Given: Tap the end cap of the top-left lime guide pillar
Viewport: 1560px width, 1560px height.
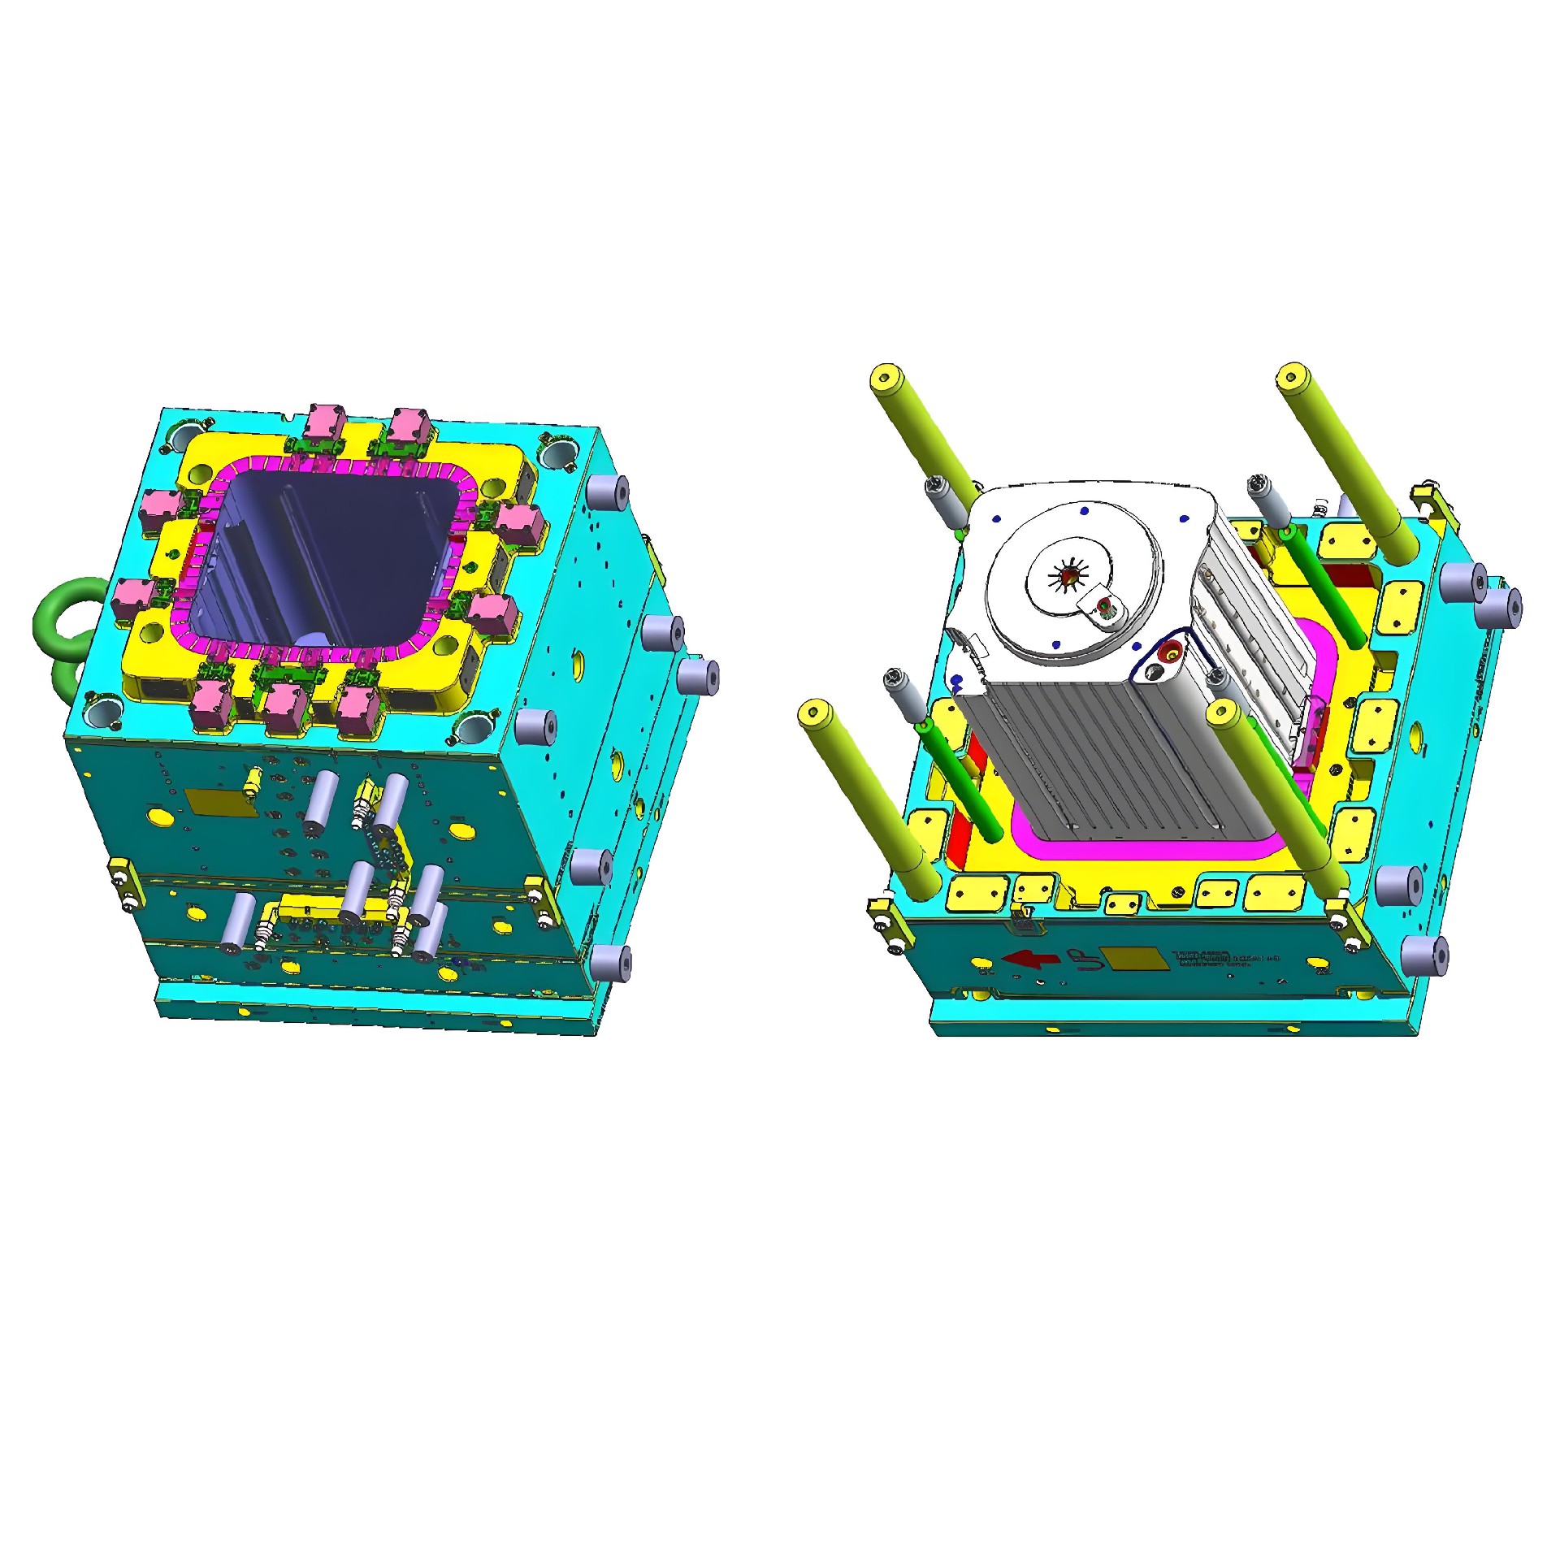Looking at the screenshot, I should [x=886, y=378].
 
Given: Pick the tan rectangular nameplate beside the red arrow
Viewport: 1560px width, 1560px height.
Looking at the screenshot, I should [x=1133, y=958].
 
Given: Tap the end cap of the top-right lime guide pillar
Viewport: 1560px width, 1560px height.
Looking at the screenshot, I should [x=1293, y=378].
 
